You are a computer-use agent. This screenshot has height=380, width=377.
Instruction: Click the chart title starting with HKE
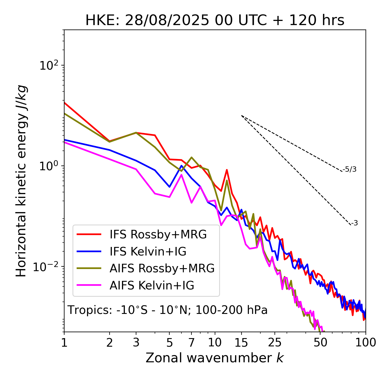tap(215, 20)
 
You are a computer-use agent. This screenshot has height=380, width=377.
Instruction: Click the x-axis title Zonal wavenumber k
tap(214, 358)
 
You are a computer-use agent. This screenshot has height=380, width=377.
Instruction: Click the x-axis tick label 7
tap(191, 342)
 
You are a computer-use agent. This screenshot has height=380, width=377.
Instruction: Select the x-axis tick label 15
tap(242, 342)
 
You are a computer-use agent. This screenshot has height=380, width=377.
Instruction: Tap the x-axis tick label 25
tap(275, 342)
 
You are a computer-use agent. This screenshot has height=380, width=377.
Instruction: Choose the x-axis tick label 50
tap(320, 342)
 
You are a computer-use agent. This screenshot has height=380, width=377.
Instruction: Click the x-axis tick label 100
tap(366, 342)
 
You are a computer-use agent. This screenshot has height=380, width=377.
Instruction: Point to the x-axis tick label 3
tap(136, 342)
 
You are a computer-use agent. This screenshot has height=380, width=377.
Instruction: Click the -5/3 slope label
tap(350, 169)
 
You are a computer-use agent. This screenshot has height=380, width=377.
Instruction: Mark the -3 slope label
tap(354, 223)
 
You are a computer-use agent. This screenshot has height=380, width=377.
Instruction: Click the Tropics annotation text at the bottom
tap(167, 310)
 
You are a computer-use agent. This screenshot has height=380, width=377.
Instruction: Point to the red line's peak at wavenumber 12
tap(227, 170)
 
